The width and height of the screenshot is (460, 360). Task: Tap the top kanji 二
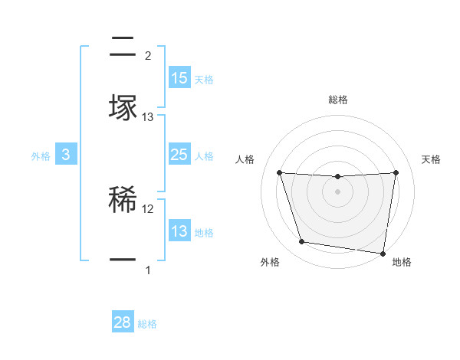[123, 47]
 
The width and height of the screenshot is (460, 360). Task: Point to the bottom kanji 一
[123, 260]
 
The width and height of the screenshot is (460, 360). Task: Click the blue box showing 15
[179, 78]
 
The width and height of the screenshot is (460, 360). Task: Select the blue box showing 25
[179, 155]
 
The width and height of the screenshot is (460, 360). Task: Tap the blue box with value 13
[179, 231]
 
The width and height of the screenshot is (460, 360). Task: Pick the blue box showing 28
[123, 322]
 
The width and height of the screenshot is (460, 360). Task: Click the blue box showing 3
[66, 155]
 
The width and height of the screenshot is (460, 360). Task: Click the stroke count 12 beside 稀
[148, 208]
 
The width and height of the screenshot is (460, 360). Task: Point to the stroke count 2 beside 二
[148, 56]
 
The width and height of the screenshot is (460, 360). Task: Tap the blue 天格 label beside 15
[204, 79]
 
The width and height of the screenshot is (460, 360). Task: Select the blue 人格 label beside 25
[204, 155]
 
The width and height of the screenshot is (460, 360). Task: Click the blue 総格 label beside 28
[147, 324]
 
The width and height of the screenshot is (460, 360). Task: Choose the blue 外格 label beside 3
[41, 155]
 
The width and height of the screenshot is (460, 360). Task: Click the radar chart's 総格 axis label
[337, 100]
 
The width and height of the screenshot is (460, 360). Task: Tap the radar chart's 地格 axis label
[402, 262]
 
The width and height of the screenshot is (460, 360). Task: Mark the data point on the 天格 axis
[396, 172]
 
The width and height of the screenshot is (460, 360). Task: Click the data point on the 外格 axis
[301, 242]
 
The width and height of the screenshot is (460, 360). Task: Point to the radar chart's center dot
[337, 191]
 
